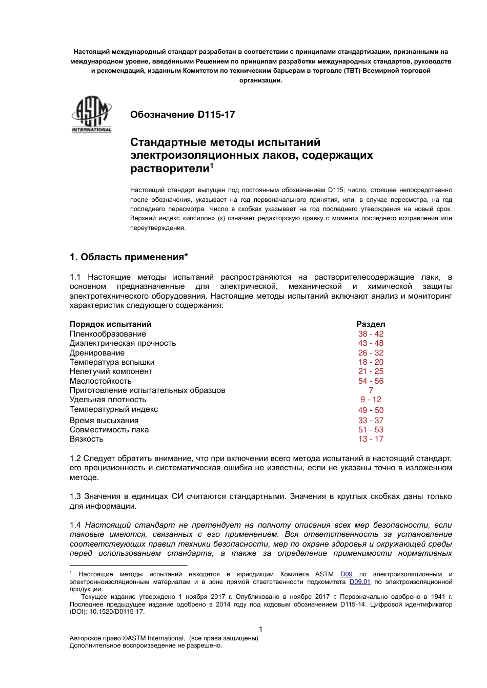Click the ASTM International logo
pyautogui.click(x=91, y=115)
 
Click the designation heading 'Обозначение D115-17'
pyautogui.click(x=182, y=115)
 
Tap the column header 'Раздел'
pyautogui.click(x=371, y=324)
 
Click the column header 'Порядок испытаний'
pyautogui.click(x=110, y=324)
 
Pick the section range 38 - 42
pyautogui.click(x=371, y=334)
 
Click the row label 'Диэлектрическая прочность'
pyautogui.click(x=123, y=343)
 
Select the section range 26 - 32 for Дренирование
pyautogui.click(x=371, y=353)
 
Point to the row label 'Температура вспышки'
pyautogui.click(x=112, y=362)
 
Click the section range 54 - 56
pyautogui.click(x=371, y=381)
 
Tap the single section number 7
pyautogui.click(x=371, y=390)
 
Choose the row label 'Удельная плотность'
pyautogui.click(x=108, y=400)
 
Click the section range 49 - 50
pyautogui.click(x=371, y=410)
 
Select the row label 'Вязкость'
pyautogui.click(x=86, y=439)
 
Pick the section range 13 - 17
pyautogui.click(x=371, y=439)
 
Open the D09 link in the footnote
pyautogui.click(x=347, y=574)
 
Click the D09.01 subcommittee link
pyautogui.click(x=360, y=582)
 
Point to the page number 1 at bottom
pyautogui.click(x=260, y=630)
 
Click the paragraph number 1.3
pyautogui.click(x=75, y=496)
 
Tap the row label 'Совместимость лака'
pyautogui.click(x=109, y=430)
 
